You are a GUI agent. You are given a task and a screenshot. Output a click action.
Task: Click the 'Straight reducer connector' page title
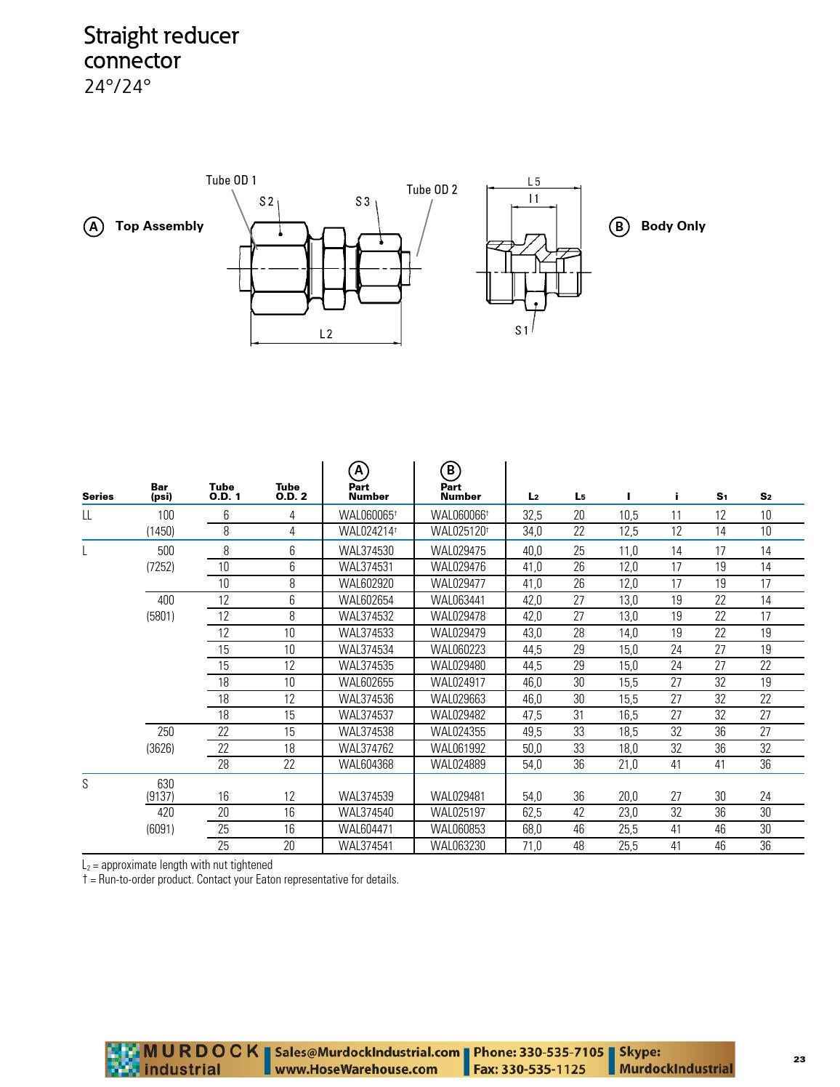[x=161, y=48]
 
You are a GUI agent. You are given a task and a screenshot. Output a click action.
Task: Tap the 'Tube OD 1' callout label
[x=231, y=180]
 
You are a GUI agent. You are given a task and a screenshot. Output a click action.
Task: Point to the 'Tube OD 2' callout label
[x=432, y=190]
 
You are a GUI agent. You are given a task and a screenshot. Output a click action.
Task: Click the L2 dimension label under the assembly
[x=326, y=334]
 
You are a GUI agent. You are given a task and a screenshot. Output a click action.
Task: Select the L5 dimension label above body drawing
[x=533, y=182]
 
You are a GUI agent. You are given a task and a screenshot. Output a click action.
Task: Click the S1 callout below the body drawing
[x=522, y=331]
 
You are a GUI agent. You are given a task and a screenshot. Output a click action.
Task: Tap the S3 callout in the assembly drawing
[x=363, y=201]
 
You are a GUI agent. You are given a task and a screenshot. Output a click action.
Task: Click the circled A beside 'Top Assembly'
[x=93, y=227]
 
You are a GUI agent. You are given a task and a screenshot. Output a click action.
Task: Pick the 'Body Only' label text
[x=673, y=226]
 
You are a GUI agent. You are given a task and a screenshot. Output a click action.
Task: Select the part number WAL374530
[x=366, y=551]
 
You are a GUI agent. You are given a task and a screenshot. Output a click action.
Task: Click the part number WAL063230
[x=458, y=846]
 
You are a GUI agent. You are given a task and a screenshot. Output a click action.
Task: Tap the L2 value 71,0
[x=532, y=846]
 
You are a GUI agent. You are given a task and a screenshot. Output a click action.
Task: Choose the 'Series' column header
[x=98, y=497]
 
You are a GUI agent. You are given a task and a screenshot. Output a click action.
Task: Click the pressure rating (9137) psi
[x=160, y=796]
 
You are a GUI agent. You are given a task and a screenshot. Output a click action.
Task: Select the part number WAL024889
[x=458, y=764]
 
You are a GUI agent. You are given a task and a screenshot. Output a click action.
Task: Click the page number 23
[x=799, y=1059]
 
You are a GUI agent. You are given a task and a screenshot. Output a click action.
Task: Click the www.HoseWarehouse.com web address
[x=356, y=1070]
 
